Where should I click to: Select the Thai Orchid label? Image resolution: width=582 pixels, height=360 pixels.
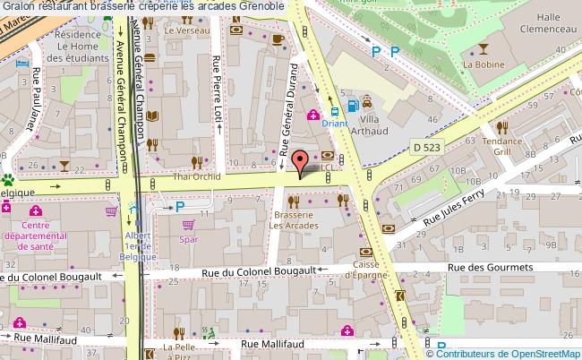(x=190, y=176)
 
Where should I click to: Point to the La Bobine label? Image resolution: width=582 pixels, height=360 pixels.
(x=478, y=64)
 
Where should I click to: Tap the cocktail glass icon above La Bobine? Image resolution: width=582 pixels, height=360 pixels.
(x=484, y=48)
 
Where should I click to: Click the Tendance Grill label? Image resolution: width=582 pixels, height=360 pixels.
(x=502, y=146)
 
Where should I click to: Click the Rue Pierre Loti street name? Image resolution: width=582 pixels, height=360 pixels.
(x=217, y=91)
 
